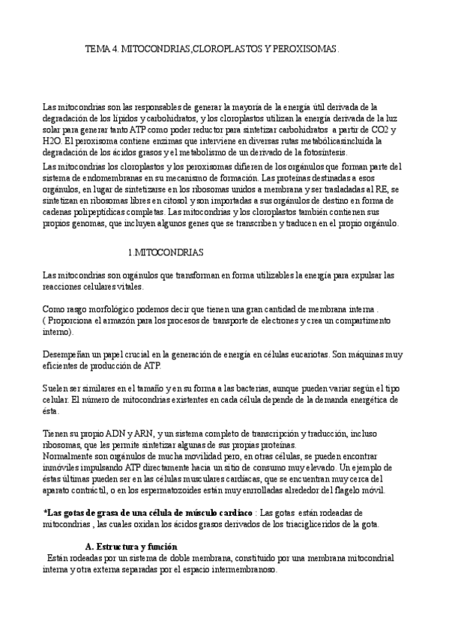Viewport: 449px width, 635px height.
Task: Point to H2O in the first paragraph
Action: tap(32, 140)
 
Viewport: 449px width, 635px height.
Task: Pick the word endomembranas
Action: tap(101, 177)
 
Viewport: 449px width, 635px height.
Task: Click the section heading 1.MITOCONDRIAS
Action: tap(165, 252)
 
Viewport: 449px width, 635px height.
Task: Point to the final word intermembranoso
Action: tap(242, 569)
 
